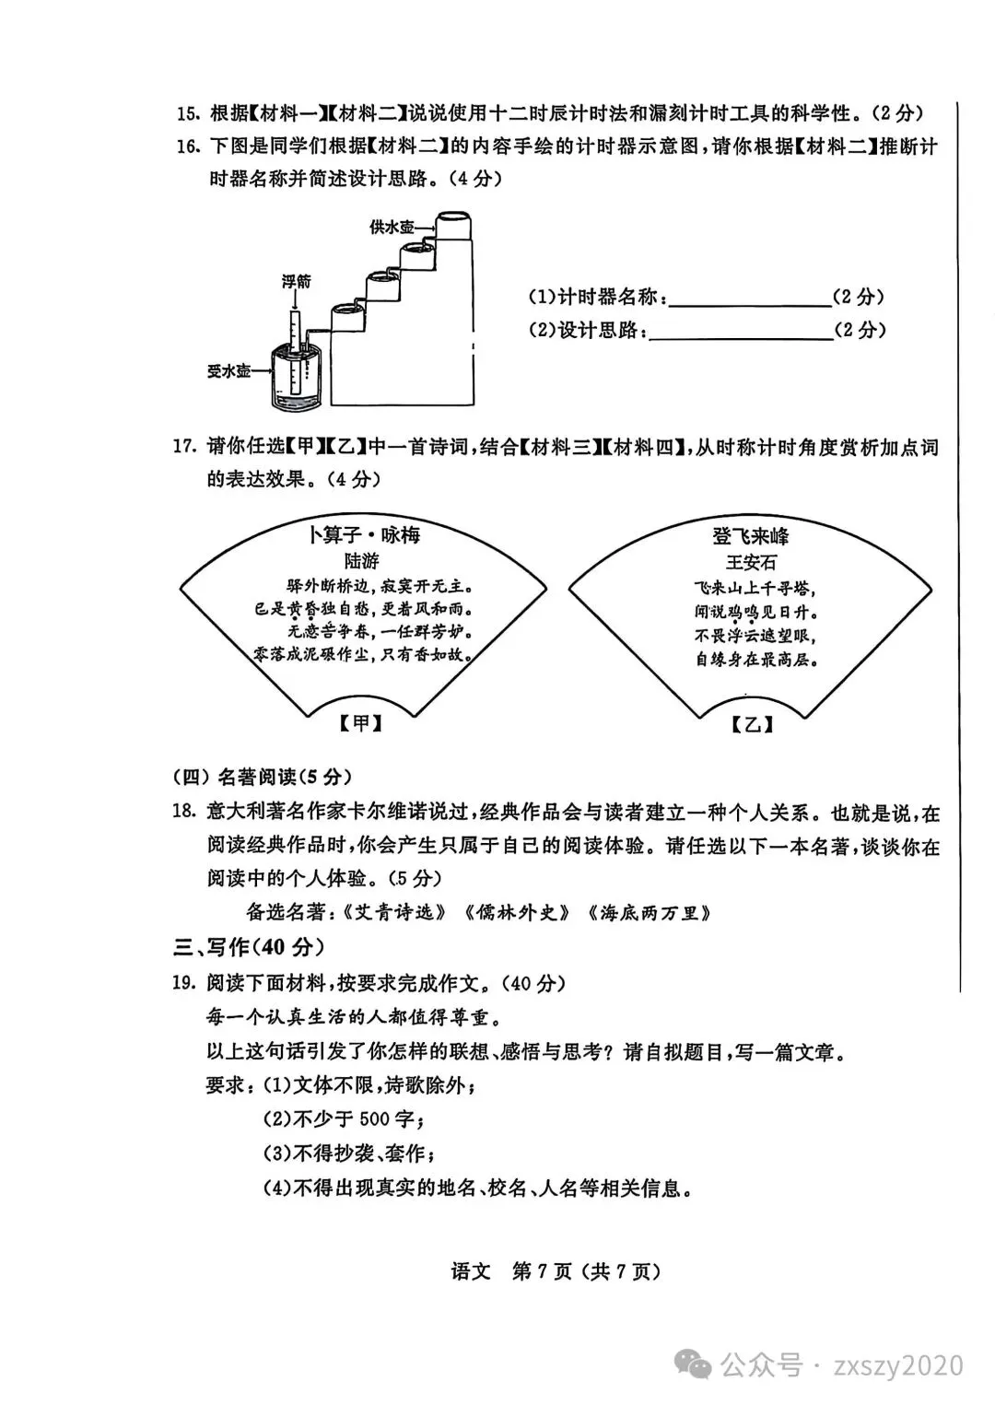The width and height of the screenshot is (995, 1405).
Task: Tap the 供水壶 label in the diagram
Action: point(392,227)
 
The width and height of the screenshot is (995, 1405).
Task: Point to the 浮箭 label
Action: point(296,281)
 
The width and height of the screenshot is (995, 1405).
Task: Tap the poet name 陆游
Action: point(361,561)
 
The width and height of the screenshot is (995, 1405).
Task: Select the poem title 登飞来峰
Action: point(750,536)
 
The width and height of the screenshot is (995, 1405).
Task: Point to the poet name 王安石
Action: point(751,561)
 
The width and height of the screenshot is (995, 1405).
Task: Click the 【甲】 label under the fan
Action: point(360,723)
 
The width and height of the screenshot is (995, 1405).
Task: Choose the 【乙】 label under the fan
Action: point(752,724)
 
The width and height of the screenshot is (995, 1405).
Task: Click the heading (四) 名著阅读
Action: point(263,778)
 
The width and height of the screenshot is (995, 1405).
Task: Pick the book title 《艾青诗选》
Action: point(393,913)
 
